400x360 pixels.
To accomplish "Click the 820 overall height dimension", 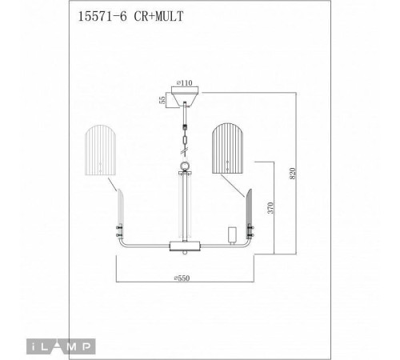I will (294, 174).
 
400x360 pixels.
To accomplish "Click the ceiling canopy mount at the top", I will (185, 97).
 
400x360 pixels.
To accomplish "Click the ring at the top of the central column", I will (185, 166).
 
